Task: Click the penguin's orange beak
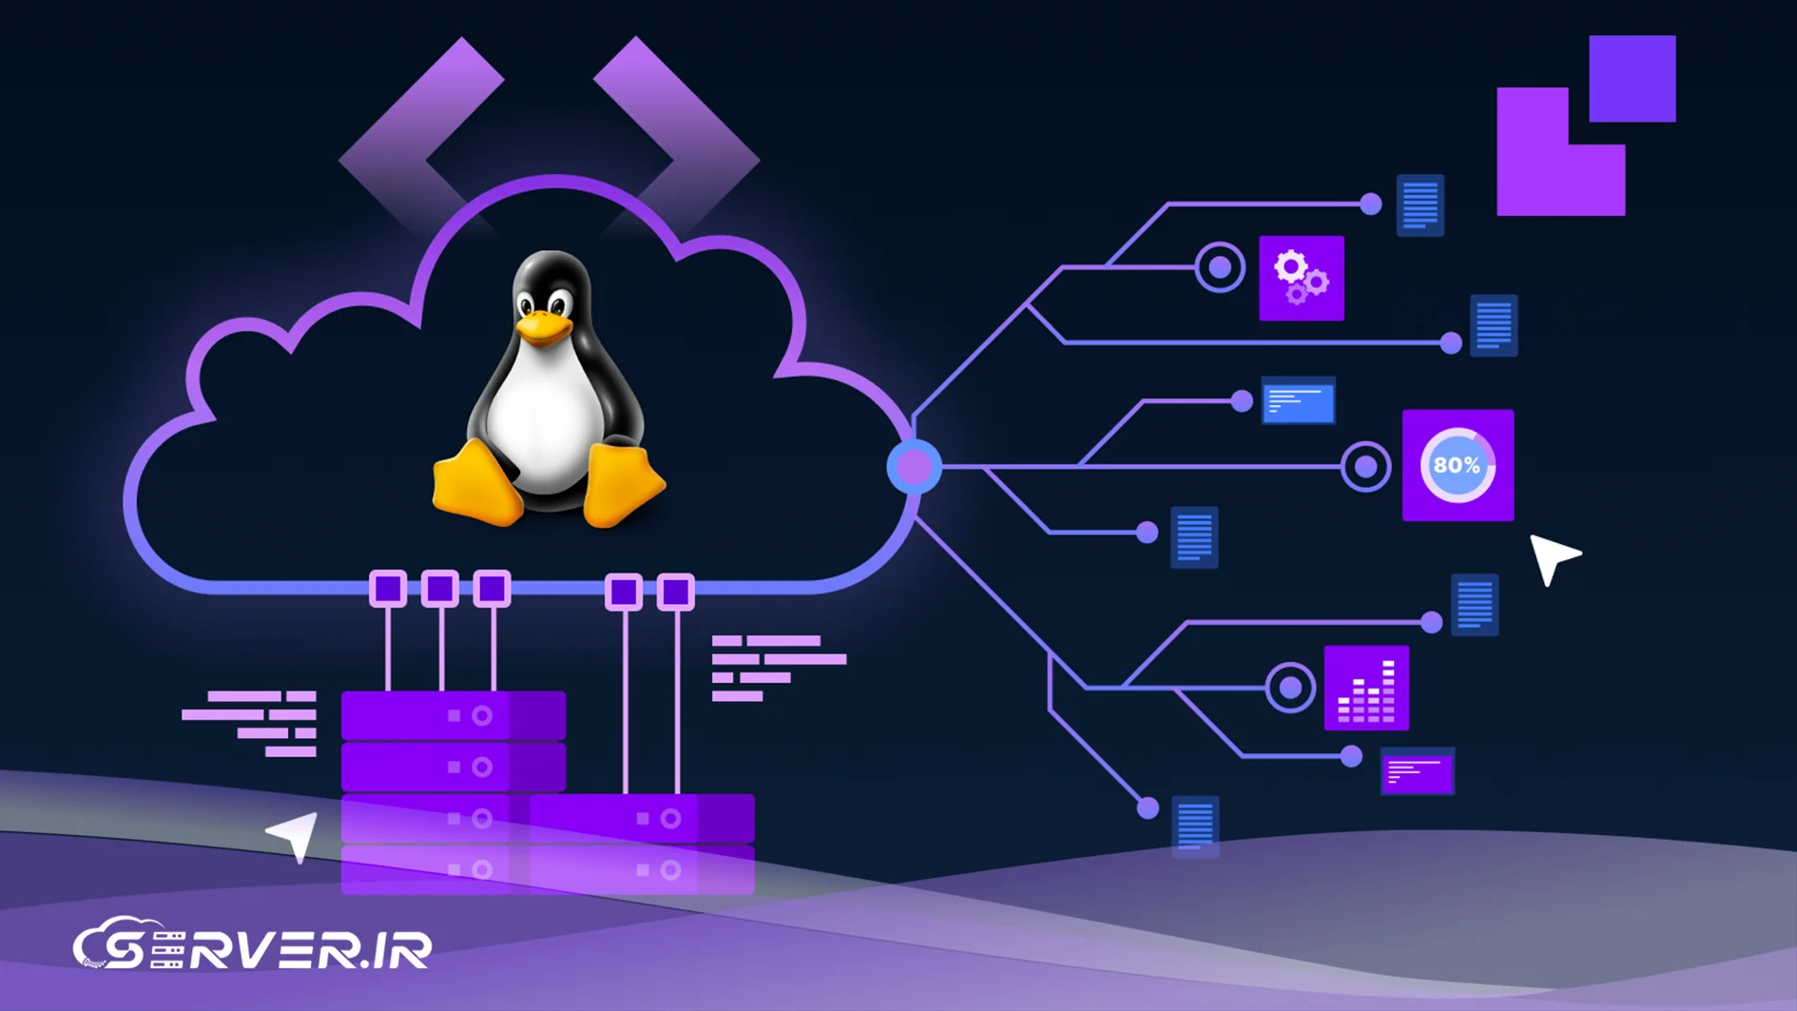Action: pyautogui.click(x=543, y=328)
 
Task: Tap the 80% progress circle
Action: pyautogui.click(x=1457, y=465)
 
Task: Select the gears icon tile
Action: pyautogui.click(x=1301, y=278)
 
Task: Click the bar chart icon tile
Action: pyautogui.click(x=1366, y=688)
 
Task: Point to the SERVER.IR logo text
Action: pyautogui.click(x=253, y=947)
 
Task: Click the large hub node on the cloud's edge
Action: pyautogui.click(x=915, y=467)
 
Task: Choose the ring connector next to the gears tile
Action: pyautogui.click(x=1220, y=267)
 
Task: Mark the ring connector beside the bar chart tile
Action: pyautogui.click(x=1290, y=687)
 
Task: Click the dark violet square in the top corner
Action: pyautogui.click(x=1632, y=79)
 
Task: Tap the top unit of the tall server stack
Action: pyautogui.click(x=454, y=715)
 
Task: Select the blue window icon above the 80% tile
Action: pyautogui.click(x=1298, y=401)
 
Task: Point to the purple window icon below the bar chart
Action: pyautogui.click(x=1417, y=772)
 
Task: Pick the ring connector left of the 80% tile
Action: pyautogui.click(x=1365, y=467)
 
